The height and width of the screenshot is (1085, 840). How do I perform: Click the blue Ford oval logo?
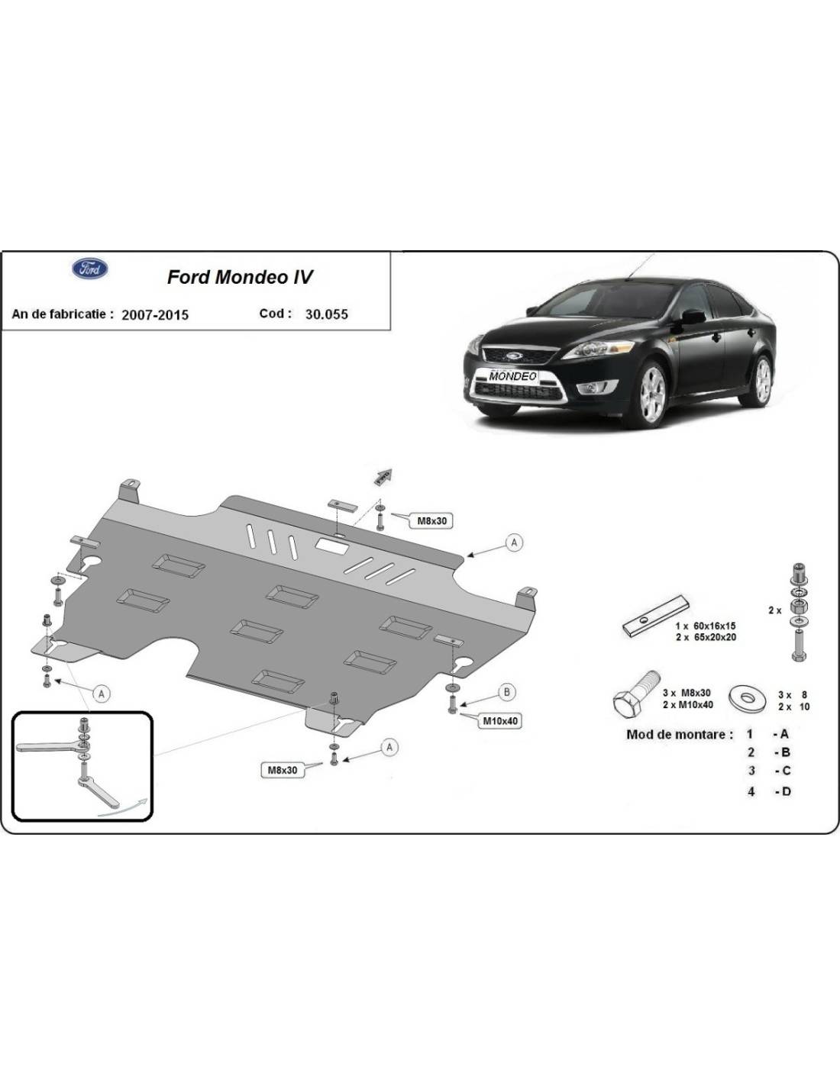[x=90, y=269]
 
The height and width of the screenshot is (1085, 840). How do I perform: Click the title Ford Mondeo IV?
[x=240, y=277]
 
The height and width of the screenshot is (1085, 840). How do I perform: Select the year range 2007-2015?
[x=155, y=314]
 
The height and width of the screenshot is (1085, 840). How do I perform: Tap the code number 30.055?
[x=326, y=314]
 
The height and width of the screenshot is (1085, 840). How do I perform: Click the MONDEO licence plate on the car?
[x=512, y=376]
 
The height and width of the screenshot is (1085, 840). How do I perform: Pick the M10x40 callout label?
[x=499, y=721]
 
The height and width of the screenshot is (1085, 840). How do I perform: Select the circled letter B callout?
[x=507, y=692]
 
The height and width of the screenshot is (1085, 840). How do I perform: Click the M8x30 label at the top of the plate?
[x=431, y=521]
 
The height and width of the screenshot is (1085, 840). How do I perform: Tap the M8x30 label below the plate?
[x=283, y=770]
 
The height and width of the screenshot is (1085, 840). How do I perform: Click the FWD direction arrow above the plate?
[x=383, y=476]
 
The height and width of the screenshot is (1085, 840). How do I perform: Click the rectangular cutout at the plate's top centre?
[x=332, y=546]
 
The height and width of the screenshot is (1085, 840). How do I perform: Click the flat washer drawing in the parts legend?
[x=748, y=697]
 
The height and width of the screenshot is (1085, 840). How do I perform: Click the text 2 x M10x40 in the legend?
[x=687, y=704]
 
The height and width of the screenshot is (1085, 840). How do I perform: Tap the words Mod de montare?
[x=680, y=735]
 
